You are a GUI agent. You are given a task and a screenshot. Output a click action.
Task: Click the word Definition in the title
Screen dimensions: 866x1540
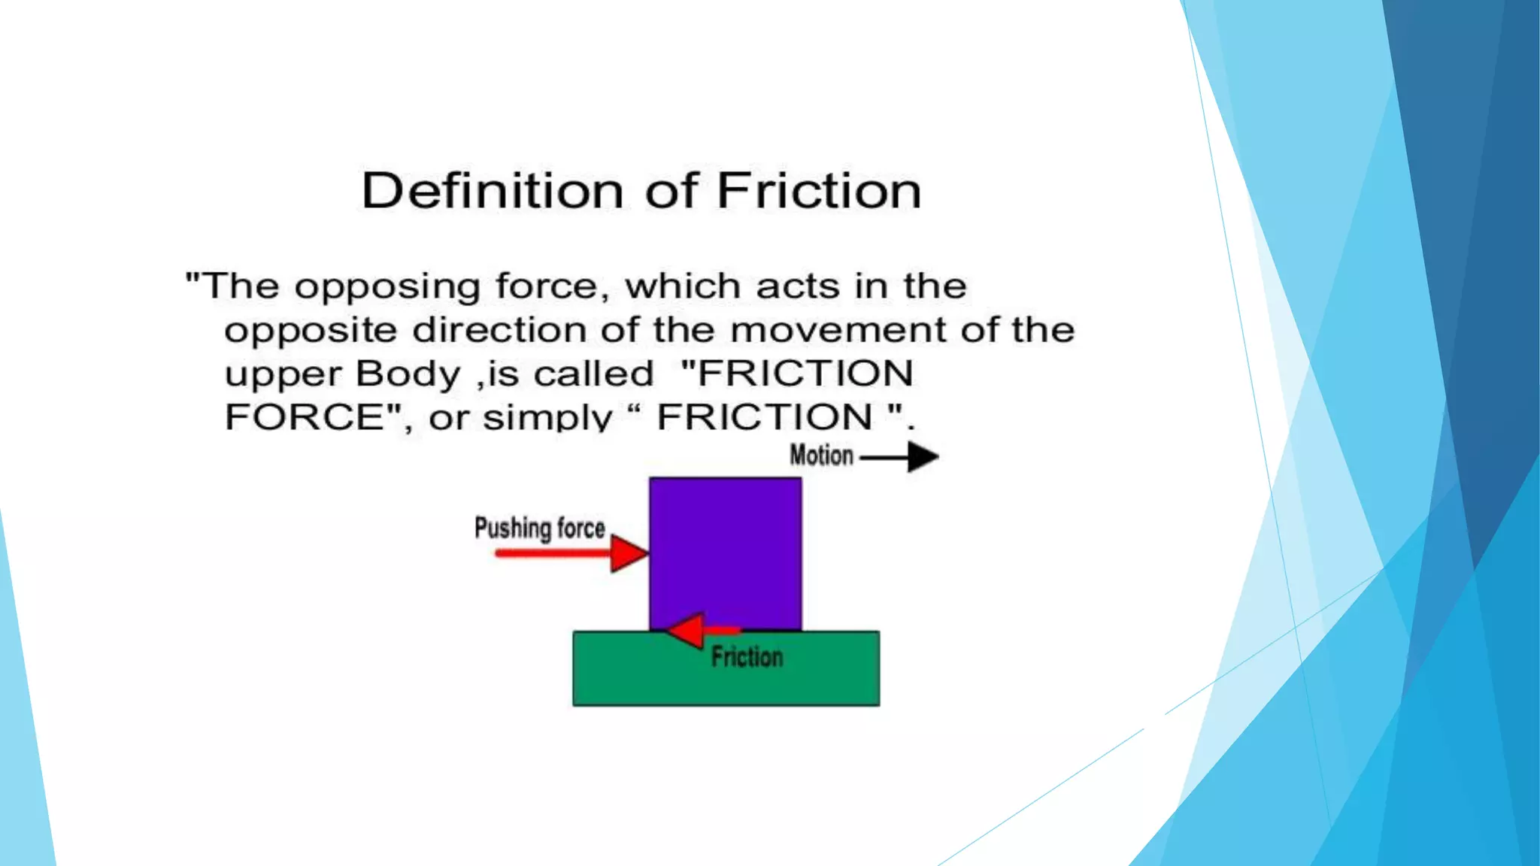coord(492,191)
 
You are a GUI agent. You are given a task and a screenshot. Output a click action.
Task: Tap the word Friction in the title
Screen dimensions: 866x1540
coord(818,191)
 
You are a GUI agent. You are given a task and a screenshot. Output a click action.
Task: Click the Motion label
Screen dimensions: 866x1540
coord(821,456)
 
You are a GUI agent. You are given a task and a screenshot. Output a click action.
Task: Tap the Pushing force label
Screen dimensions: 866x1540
coord(539,528)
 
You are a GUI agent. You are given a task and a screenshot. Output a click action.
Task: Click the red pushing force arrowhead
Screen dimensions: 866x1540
coord(628,554)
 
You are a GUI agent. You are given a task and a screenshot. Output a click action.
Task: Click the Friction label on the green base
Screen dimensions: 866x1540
coord(747,657)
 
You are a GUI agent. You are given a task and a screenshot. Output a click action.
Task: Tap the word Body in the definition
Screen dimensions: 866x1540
coord(408,374)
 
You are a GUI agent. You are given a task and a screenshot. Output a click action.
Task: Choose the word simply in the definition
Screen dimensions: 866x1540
coord(547,418)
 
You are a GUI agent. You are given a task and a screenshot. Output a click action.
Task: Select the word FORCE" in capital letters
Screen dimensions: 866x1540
coord(312,417)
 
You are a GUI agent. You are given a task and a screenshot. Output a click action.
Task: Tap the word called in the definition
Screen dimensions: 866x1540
coord(593,374)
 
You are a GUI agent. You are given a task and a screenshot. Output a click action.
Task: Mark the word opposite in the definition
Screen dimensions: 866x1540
coord(311,332)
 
